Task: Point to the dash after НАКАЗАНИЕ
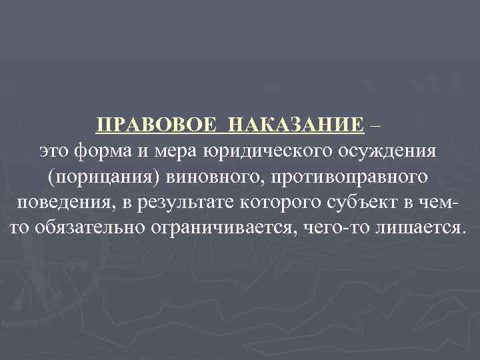(x=380, y=124)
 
